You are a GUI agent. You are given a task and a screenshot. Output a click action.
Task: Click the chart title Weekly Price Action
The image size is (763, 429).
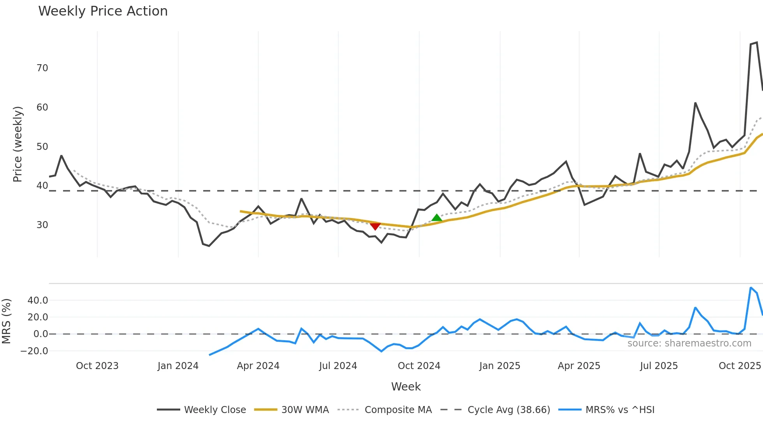pos(103,11)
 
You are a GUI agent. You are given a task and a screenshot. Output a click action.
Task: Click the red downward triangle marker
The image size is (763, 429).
pos(375,227)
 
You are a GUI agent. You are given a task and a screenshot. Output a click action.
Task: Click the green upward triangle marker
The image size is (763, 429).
pos(437,218)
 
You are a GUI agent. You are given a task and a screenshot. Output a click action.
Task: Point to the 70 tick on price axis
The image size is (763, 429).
pos(42,68)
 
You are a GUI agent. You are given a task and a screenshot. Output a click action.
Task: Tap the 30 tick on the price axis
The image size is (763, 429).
pos(42,225)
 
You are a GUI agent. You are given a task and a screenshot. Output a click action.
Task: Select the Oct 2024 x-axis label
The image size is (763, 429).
pos(419,366)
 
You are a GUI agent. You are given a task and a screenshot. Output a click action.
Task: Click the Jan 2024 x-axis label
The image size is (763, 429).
pos(178,366)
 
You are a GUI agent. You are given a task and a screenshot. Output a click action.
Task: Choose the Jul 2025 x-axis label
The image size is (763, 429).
pos(659,366)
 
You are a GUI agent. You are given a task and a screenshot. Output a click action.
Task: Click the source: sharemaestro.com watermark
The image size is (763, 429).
pos(689,343)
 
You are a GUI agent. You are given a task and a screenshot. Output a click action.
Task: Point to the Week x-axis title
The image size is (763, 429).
pos(406,387)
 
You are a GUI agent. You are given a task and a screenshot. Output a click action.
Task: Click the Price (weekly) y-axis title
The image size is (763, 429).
pos(18,144)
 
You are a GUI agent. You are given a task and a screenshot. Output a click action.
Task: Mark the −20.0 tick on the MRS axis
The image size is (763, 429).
pos(34,351)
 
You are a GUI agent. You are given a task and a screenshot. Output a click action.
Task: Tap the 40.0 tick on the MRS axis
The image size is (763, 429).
pos(38,301)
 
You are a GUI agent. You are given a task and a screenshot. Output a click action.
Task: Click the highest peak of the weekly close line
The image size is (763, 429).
pos(757,42)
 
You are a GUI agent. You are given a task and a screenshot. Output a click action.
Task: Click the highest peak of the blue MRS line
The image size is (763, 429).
pos(751,288)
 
